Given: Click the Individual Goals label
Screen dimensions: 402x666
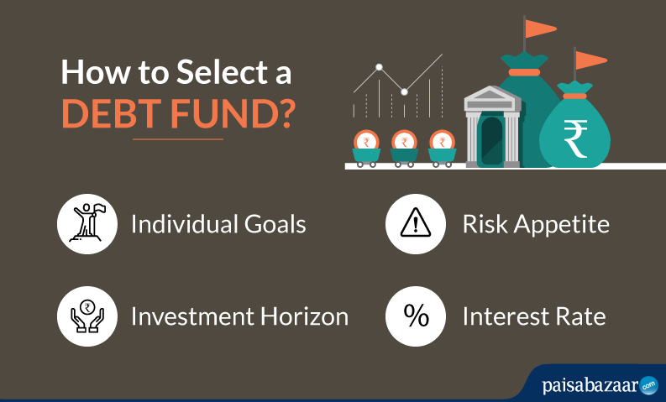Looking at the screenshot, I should (x=218, y=225).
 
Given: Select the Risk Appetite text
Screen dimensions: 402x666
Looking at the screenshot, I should (x=536, y=225).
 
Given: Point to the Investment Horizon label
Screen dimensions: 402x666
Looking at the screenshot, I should (x=239, y=316).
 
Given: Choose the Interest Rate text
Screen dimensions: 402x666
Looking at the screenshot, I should (x=533, y=316).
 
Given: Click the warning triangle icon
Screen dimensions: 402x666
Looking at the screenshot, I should (x=414, y=225).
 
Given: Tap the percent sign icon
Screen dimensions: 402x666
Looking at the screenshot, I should (x=414, y=316).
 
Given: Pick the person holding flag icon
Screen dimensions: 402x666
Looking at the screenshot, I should (x=85, y=225).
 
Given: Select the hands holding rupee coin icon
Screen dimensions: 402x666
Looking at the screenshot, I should (x=85, y=316).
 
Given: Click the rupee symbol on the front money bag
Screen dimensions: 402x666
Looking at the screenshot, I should (x=575, y=139).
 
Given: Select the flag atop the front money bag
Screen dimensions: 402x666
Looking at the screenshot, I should (x=590, y=60).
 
